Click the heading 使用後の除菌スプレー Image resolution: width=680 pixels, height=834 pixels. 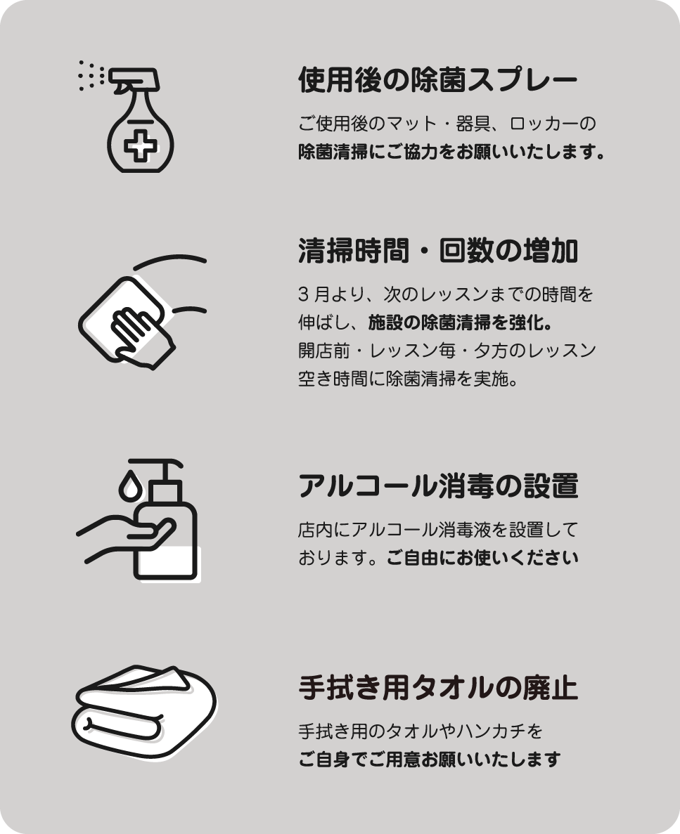point(437,80)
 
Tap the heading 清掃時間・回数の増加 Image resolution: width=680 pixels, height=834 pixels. point(437,251)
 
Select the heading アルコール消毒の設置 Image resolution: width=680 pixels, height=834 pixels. point(437,486)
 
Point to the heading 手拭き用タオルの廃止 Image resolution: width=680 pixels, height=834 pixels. point(437,687)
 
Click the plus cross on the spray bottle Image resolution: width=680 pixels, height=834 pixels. point(141,144)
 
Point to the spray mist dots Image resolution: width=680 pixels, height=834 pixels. point(91,75)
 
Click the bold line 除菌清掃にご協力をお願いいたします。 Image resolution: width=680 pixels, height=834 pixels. point(451,152)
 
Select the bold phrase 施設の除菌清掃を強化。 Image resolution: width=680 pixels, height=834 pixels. point(461,322)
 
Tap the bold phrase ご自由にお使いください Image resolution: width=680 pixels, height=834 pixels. point(482,558)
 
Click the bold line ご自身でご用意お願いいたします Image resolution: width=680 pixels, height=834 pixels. point(429,759)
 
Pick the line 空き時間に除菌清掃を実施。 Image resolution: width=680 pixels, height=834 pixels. point(408,379)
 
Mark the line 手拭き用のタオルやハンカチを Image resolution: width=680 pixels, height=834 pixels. point(421,731)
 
